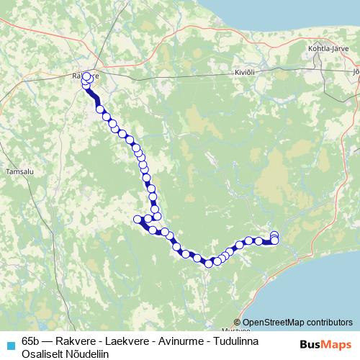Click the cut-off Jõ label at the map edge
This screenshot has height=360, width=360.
[x=356, y=72]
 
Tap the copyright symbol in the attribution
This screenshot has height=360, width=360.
[x=238, y=323]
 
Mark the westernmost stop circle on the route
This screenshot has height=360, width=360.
[x=138, y=219]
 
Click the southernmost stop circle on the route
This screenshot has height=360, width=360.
[x=209, y=264]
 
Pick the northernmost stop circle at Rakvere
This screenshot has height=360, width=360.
[x=87, y=76]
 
